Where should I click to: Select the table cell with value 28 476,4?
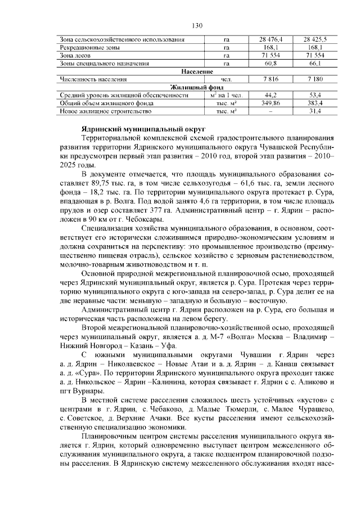click(x=271, y=40)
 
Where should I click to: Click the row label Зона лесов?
click(x=73, y=56)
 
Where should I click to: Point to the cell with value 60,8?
click(x=271, y=64)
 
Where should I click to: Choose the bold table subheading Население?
click(x=197, y=72)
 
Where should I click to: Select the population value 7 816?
click(x=271, y=80)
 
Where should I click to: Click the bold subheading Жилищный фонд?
click(x=197, y=88)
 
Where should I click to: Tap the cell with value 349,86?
click(x=271, y=103)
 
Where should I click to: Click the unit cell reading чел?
click(x=226, y=80)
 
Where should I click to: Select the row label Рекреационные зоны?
click(x=85, y=48)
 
